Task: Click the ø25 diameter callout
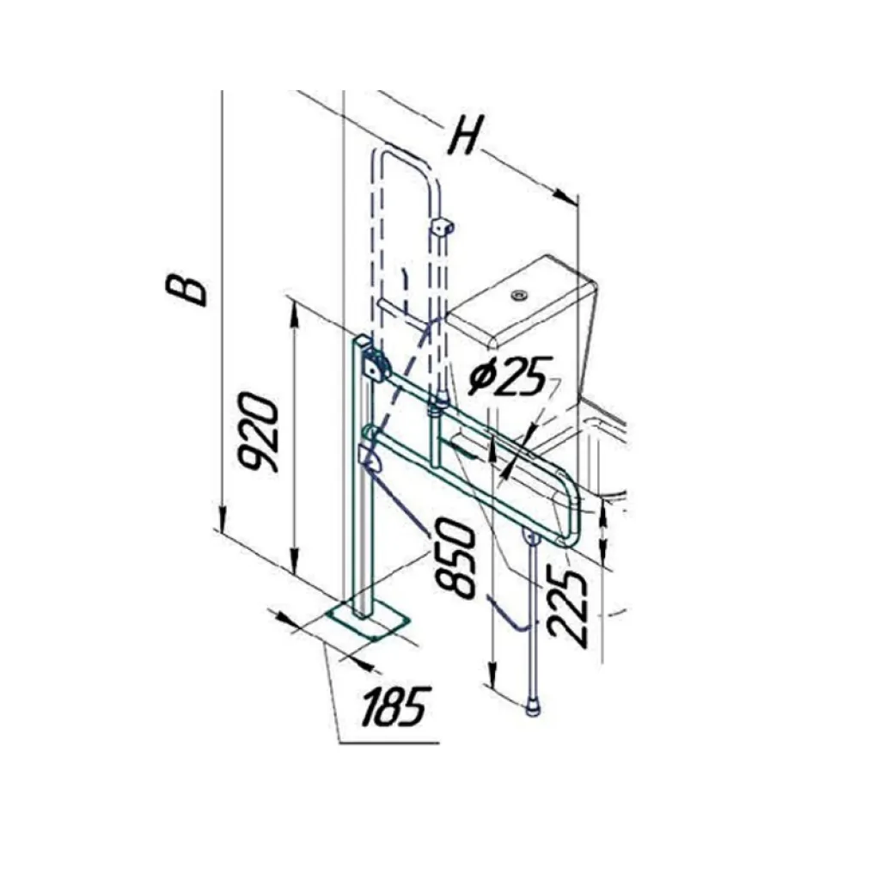[508, 376]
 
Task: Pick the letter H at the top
[467, 135]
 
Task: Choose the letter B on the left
[186, 290]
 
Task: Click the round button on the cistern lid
[518, 294]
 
